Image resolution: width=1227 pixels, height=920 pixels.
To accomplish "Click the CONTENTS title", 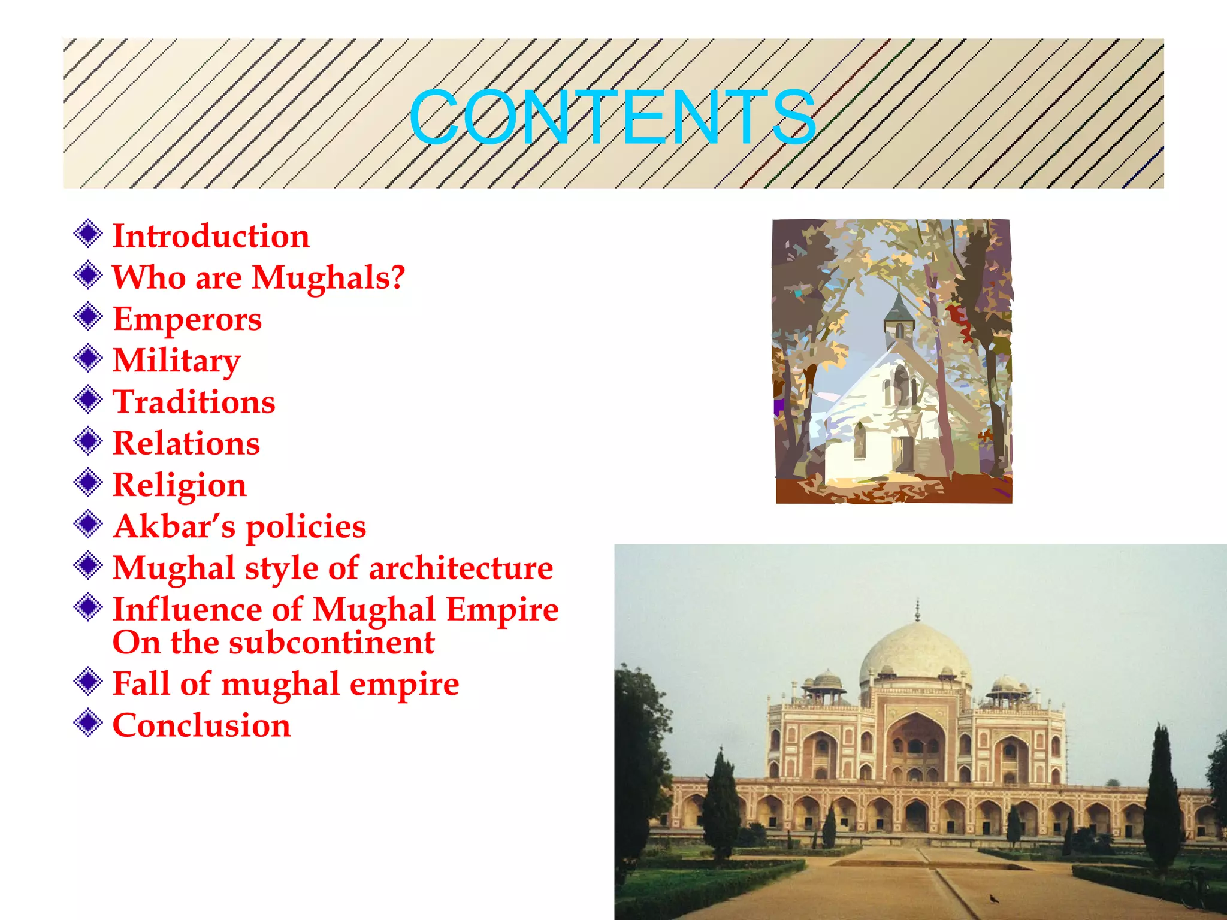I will click(612, 117).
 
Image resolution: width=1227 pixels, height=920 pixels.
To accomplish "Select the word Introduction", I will click(211, 236).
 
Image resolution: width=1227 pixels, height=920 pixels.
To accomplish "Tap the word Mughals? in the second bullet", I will click(328, 277).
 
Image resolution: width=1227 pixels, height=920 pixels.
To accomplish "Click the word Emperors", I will click(187, 319).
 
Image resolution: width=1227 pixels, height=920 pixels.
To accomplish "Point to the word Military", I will click(177, 361).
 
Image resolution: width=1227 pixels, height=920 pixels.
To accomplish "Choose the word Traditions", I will click(194, 402).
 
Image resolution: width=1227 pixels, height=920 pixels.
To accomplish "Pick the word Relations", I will click(186, 443).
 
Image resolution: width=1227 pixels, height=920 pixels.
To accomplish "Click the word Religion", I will click(180, 485).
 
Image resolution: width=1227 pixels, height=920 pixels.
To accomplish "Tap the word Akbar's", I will click(174, 526).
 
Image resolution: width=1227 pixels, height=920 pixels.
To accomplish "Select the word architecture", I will click(461, 568).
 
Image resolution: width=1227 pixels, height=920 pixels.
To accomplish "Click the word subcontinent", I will click(331, 643).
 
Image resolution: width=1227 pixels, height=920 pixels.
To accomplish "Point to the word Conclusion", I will click(201, 725).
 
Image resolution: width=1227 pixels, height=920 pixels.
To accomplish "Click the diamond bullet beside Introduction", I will click(88, 234).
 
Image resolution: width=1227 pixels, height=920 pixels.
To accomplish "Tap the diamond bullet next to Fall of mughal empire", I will click(88, 682).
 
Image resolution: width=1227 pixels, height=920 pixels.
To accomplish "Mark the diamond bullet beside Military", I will click(88, 358).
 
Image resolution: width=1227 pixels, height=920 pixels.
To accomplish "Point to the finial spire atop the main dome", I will click(917, 610).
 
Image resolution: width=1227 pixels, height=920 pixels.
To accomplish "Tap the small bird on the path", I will click(995, 898).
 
